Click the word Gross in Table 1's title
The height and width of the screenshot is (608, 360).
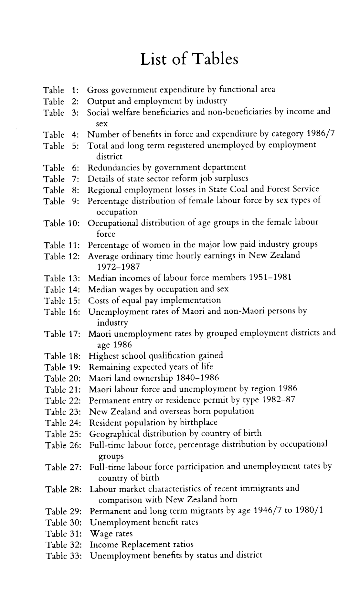point(99,90)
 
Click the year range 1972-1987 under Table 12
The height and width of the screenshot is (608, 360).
point(119,267)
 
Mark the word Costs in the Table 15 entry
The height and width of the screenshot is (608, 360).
point(98,300)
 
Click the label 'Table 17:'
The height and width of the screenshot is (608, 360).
point(62,334)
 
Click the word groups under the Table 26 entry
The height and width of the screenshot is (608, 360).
point(111,456)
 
